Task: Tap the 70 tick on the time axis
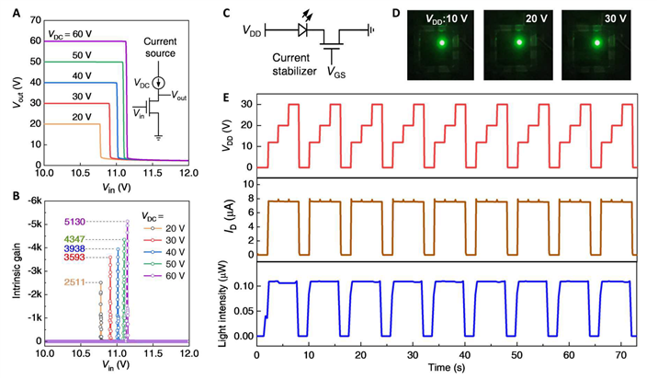(624, 354)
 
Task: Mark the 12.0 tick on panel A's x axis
(187, 172)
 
